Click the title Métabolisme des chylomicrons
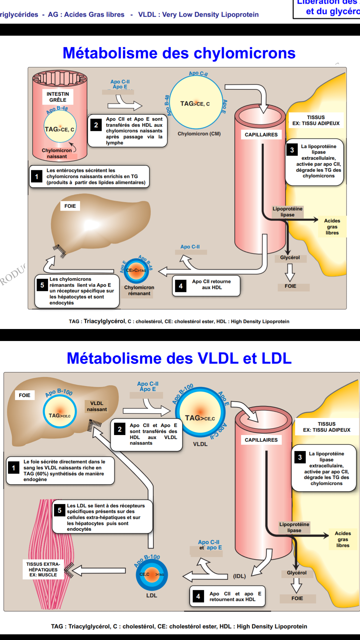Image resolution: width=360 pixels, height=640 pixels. (x=179, y=53)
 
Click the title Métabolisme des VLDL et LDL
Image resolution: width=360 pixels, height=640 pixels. (x=179, y=358)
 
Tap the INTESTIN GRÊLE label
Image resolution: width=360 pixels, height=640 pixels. (x=58, y=97)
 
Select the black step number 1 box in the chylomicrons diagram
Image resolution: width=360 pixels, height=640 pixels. (x=37, y=177)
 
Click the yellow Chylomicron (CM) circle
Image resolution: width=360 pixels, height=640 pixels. (x=196, y=103)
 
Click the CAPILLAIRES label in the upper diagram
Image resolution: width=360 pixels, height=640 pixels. (x=261, y=135)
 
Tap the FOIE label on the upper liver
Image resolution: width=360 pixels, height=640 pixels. (x=70, y=206)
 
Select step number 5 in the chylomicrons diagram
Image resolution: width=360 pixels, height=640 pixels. (x=42, y=285)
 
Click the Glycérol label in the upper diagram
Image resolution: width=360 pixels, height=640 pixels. (x=290, y=257)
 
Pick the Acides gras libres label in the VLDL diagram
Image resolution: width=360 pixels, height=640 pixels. (x=343, y=539)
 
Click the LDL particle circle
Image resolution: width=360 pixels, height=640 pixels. (x=152, y=574)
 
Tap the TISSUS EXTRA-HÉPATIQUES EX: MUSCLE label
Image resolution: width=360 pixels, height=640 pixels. (x=43, y=569)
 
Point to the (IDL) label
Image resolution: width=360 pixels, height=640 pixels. (x=239, y=576)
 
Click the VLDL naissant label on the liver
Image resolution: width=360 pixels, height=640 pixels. (x=97, y=406)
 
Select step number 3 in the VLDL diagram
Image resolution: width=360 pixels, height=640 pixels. (x=300, y=457)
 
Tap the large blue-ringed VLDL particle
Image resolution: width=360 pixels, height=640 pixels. (x=200, y=412)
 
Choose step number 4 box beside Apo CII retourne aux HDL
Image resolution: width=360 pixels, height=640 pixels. (x=181, y=286)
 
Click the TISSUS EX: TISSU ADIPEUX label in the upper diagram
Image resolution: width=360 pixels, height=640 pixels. (x=316, y=120)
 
